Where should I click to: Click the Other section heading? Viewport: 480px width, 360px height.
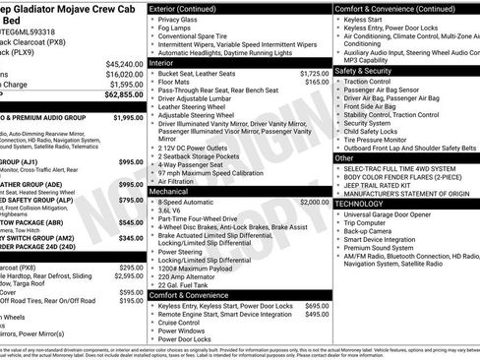[x=344, y=157]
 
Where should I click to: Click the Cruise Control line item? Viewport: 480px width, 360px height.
[x=186, y=322]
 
